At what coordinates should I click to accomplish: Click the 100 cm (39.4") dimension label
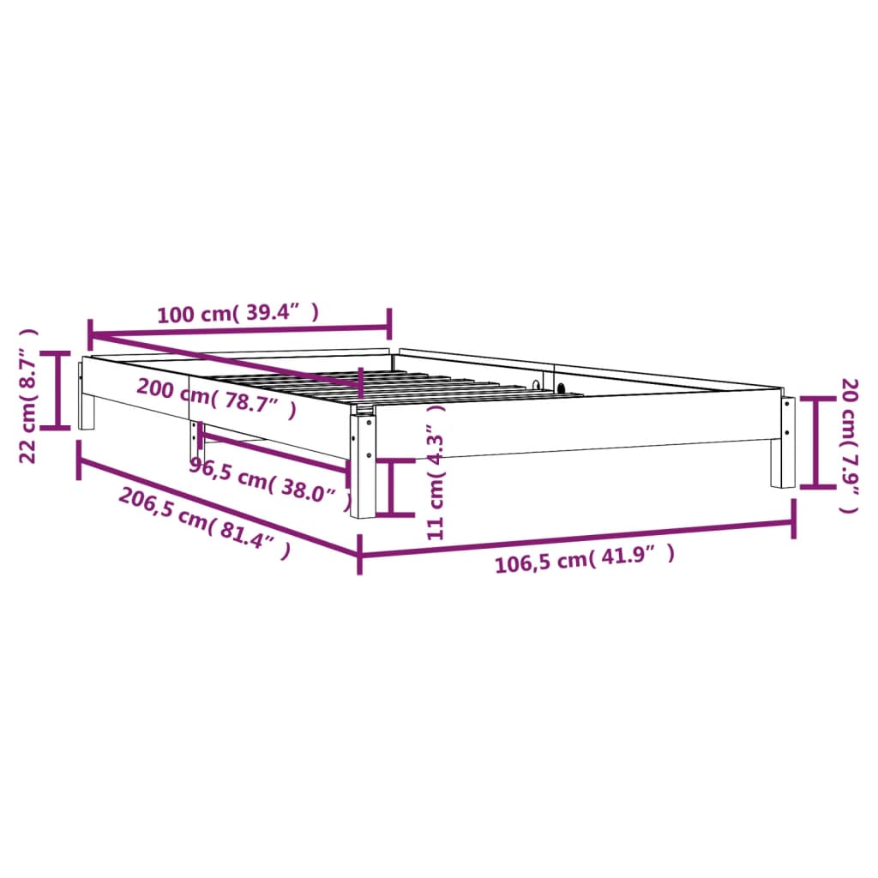pos(238,314)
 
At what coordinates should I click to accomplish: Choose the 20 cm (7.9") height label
pos(848,445)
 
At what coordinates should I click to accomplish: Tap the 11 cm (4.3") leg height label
pos(437,472)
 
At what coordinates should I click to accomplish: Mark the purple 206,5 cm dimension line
pos(218,504)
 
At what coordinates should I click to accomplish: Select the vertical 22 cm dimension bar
pos(58,390)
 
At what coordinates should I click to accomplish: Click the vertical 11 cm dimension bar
pos(391,487)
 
